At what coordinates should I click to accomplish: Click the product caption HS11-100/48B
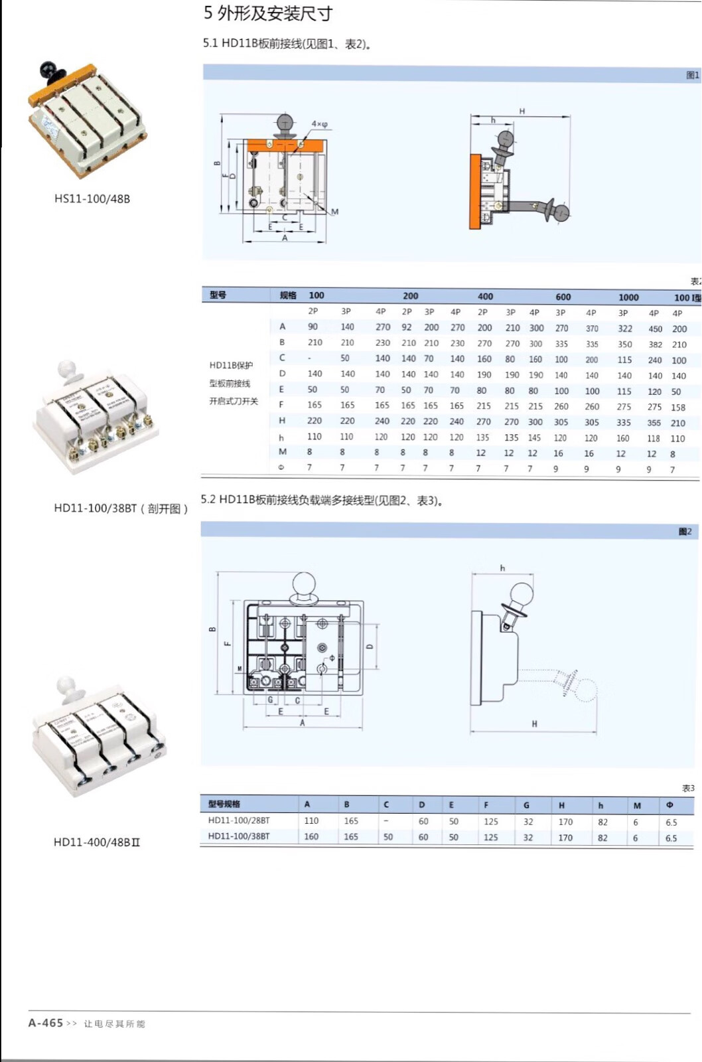[x=92, y=198]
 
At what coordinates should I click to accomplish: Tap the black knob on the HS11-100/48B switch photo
[x=48, y=68]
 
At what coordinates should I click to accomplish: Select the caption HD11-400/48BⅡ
[x=97, y=842]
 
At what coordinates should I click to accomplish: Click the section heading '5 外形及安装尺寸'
[x=268, y=13]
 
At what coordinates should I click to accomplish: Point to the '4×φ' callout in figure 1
[x=319, y=124]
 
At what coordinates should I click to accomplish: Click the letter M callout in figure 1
[x=334, y=212]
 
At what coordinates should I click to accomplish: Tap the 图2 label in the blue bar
[x=685, y=531]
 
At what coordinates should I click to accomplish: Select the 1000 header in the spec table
[x=628, y=297]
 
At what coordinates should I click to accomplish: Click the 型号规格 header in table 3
[x=224, y=804]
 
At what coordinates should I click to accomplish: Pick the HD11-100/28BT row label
[x=239, y=820]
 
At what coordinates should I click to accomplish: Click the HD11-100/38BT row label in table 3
[x=239, y=836]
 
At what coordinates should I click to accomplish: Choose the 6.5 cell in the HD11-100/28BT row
[x=671, y=822]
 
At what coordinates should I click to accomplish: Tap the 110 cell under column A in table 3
[x=311, y=820]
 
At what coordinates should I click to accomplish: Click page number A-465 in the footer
[x=46, y=1023]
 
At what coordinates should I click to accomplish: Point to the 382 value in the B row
[x=655, y=344]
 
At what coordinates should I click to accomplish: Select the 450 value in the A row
[x=655, y=329]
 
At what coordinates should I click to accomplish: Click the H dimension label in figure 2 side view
[x=534, y=723]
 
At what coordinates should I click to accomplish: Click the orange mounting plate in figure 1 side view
[x=474, y=192]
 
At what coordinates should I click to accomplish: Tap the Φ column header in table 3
[x=669, y=804]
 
